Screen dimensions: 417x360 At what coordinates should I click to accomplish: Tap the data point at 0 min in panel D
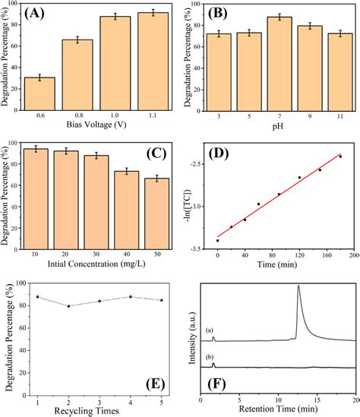(x=218, y=241)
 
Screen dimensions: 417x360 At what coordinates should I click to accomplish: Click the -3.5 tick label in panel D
(x=199, y=248)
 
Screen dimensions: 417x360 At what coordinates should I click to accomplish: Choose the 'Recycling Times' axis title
(x=100, y=410)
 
